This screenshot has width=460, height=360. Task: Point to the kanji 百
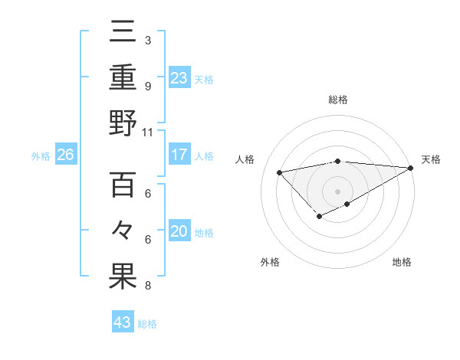(x=123, y=185)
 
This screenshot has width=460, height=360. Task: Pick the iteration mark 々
(x=123, y=231)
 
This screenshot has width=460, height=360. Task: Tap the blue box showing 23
(x=179, y=77)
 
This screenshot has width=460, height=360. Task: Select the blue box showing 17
(x=179, y=155)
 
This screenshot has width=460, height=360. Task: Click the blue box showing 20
(x=179, y=231)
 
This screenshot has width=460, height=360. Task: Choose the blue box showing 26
(x=65, y=155)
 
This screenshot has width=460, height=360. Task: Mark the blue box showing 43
(x=123, y=322)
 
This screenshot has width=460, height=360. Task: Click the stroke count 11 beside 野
(x=148, y=132)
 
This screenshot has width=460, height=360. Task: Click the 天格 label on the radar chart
(x=431, y=159)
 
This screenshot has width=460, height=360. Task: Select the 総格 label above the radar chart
(x=337, y=100)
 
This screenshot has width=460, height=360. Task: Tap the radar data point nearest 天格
(x=411, y=168)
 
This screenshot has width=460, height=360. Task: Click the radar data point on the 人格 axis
(x=279, y=172)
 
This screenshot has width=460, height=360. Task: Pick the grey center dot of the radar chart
(x=337, y=191)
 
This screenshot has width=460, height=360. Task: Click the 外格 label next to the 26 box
(x=41, y=155)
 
